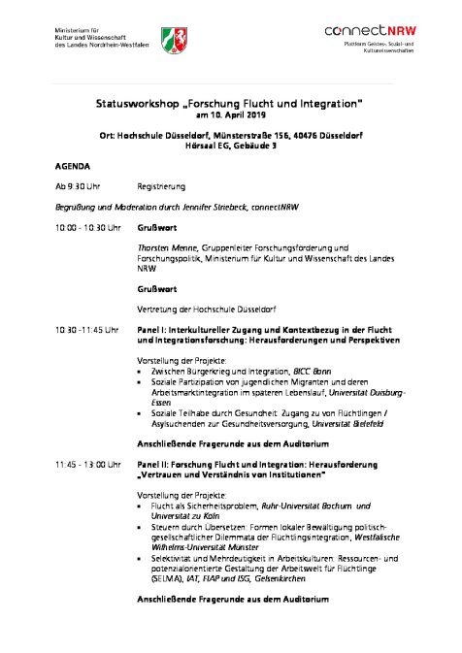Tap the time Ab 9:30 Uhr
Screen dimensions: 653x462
coord(78,186)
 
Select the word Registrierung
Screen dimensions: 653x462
coord(161,186)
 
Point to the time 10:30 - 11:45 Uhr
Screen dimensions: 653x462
coord(87,330)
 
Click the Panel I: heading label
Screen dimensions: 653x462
coord(152,330)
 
